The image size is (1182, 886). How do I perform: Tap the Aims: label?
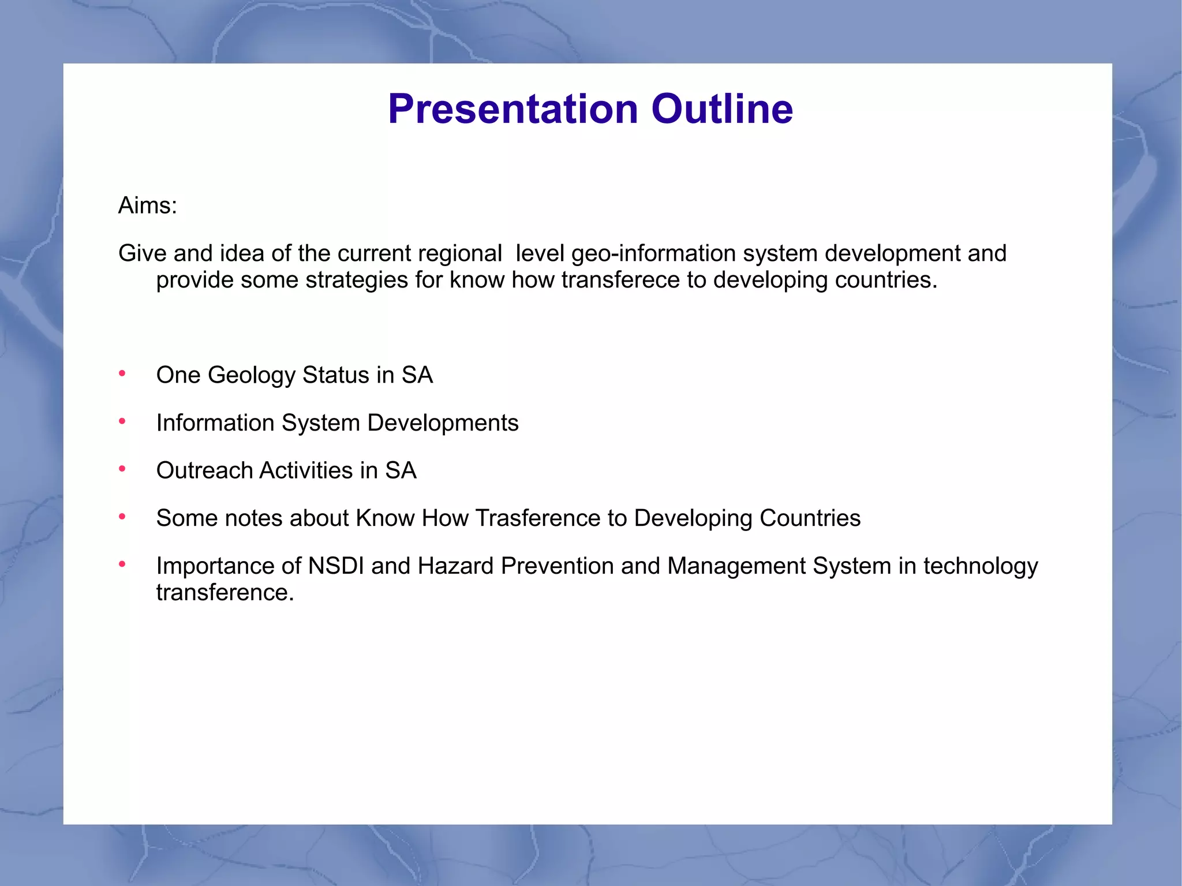(148, 205)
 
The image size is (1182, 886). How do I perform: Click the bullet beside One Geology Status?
(122, 374)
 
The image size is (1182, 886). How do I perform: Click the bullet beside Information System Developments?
(122, 422)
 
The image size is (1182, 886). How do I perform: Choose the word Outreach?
(204, 470)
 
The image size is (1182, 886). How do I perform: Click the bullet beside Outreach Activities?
(122, 469)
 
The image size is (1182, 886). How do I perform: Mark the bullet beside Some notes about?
(122, 517)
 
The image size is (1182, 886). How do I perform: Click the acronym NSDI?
(336, 566)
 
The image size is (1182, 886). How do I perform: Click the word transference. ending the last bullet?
(225, 593)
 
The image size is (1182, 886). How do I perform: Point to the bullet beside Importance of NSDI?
(122, 565)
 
